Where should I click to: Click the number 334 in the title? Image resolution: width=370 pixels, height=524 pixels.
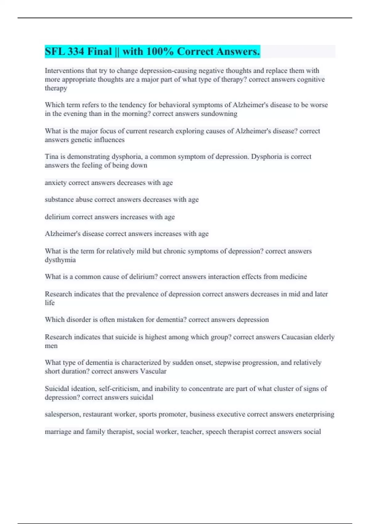(x=76, y=51)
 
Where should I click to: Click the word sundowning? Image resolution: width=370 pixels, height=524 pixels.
(x=219, y=114)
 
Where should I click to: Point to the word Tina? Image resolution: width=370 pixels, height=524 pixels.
(x=51, y=157)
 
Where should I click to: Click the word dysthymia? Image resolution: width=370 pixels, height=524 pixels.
(x=60, y=260)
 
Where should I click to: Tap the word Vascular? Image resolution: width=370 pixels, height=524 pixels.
(x=153, y=371)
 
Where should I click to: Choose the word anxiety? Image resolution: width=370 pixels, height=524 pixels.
(x=55, y=183)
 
